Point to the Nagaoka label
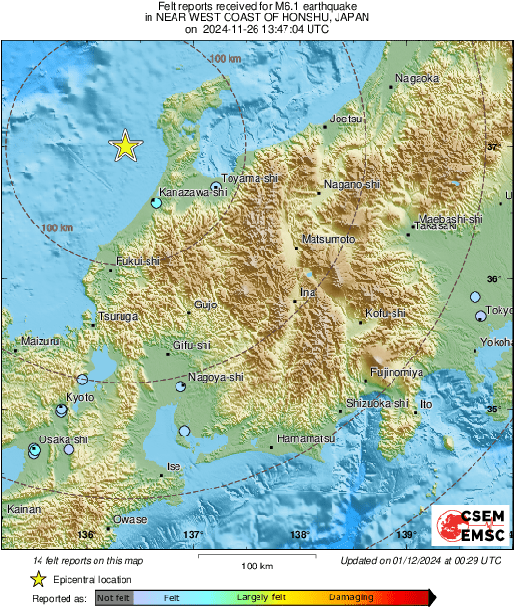click(418, 79)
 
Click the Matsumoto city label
click(330, 238)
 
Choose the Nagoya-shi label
click(216, 377)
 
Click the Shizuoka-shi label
click(378, 403)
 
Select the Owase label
click(130, 519)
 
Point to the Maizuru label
click(39, 341)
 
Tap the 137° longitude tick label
click(193, 534)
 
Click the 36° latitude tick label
click(493, 278)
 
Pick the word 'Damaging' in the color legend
click(351, 598)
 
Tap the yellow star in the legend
click(38, 579)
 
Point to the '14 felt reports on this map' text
click(81, 560)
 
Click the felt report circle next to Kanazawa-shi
click(156, 203)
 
